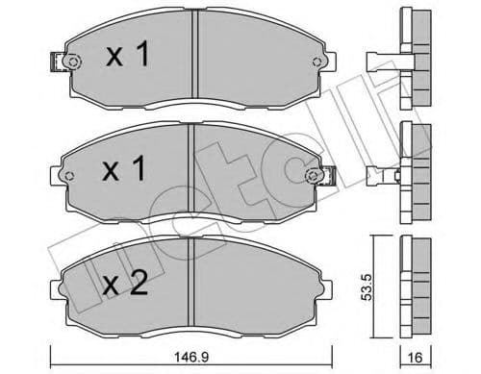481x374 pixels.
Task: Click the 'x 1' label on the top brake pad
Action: click(128, 57)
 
